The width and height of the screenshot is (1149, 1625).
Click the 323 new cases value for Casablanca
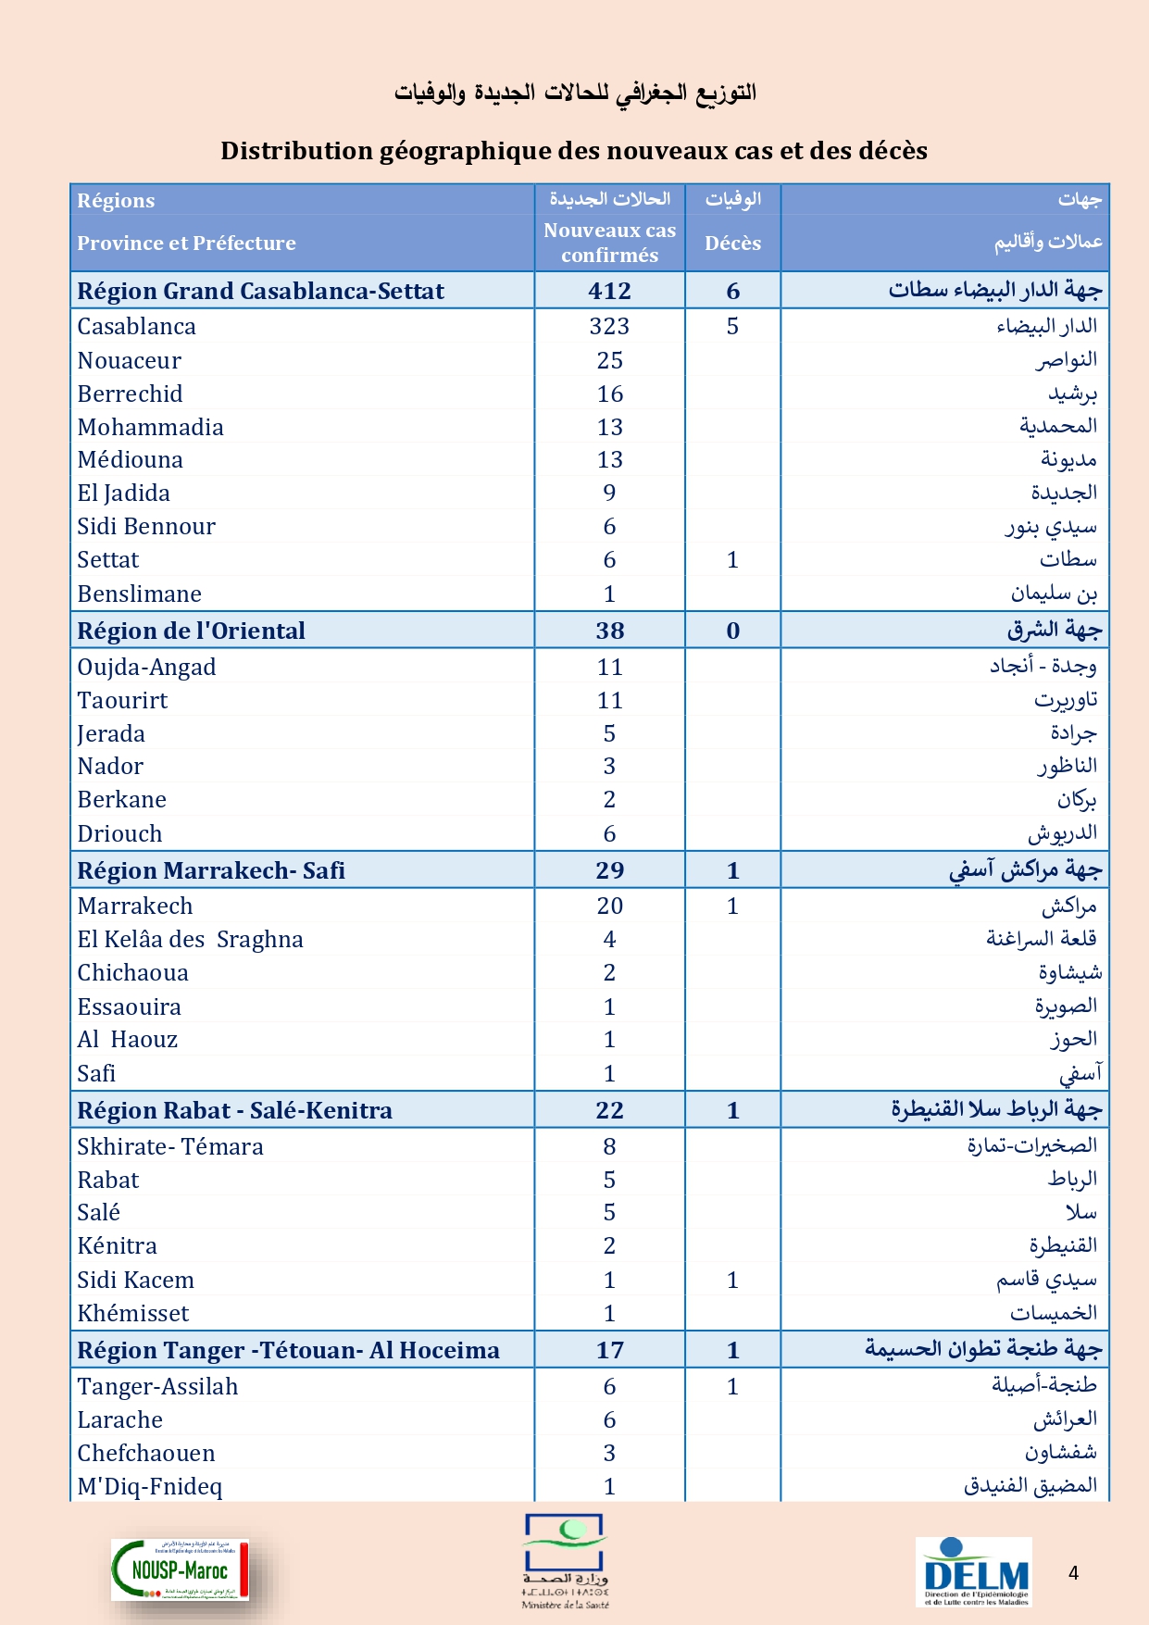click(x=609, y=326)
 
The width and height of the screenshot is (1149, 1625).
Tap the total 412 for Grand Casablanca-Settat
click(x=609, y=291)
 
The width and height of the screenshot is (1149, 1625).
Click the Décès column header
click(x=732, y=243)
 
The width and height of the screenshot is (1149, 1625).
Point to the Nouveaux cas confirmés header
click(x=609, y=243)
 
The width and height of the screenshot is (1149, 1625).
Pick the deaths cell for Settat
click(x=732, y=559)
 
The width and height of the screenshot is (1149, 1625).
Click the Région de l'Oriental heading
click(x=191, y=631)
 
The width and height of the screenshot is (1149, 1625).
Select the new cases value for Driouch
click(x=609, y=833)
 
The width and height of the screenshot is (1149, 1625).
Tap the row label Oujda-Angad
click(x=146, y=667)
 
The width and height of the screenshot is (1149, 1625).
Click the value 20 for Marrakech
click(x=609, y=906)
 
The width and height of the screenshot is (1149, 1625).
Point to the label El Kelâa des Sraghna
click(x=190, y=939)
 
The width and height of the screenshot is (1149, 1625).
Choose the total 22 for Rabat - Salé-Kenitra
click(x=609, y=1110)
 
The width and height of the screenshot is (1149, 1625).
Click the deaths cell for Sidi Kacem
click(x=732, y=1280)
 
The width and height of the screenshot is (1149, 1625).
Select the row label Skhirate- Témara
click(x=169, y=1146)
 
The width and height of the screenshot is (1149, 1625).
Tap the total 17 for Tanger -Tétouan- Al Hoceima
click(x=609, y=1350)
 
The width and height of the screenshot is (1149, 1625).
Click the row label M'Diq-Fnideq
click(x=149, y=1486)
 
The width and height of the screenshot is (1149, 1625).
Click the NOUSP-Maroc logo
click(x=181, y=1569)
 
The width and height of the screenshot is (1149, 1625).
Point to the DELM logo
click(x=975, y=1572)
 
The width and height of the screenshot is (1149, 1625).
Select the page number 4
click(x=1073, y=1572)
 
